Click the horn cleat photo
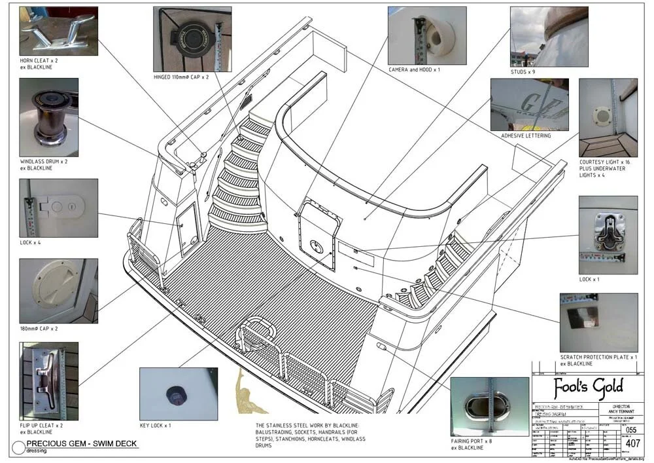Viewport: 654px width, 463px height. pyautogui.click(x=58, y=31)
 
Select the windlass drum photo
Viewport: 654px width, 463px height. pyautogui.click(x=48, y=117)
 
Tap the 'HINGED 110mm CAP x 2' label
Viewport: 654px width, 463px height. pyautogui.click(x=181, y=77)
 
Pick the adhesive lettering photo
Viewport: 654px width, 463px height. pyautogui.click(x=529, y=105)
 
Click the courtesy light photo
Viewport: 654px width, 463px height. pyautogui.click(x=608, y=118)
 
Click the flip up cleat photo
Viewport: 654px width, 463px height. pyautogui.click(x=48, y=380)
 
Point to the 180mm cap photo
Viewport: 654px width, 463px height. pyautogui.click(x=58, y=291)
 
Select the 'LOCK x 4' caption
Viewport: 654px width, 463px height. pyautogui.click(x=31, y=242)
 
